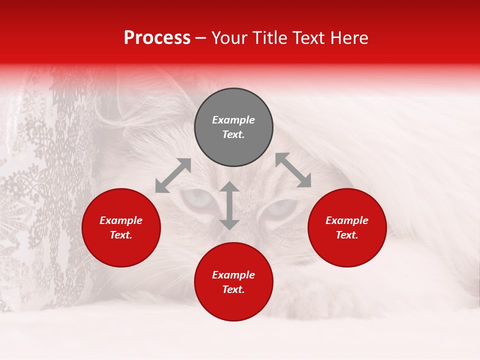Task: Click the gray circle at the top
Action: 233,127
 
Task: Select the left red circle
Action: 121,227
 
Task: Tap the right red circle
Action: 347,227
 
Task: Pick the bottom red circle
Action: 233,282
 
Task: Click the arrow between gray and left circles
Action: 173,175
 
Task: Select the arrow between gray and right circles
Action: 293,170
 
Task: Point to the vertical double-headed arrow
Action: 229,206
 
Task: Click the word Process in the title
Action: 157,37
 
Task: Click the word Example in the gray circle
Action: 233,120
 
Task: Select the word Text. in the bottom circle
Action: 233,289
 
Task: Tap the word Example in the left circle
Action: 121,220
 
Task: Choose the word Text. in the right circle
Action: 347,235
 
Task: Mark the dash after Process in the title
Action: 201,38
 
